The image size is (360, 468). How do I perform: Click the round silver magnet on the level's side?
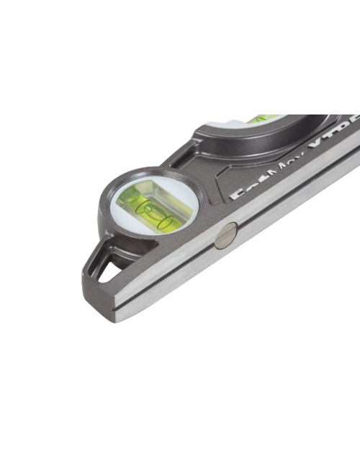coord(226,235)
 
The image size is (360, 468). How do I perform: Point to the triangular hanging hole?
coord(109,271)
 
